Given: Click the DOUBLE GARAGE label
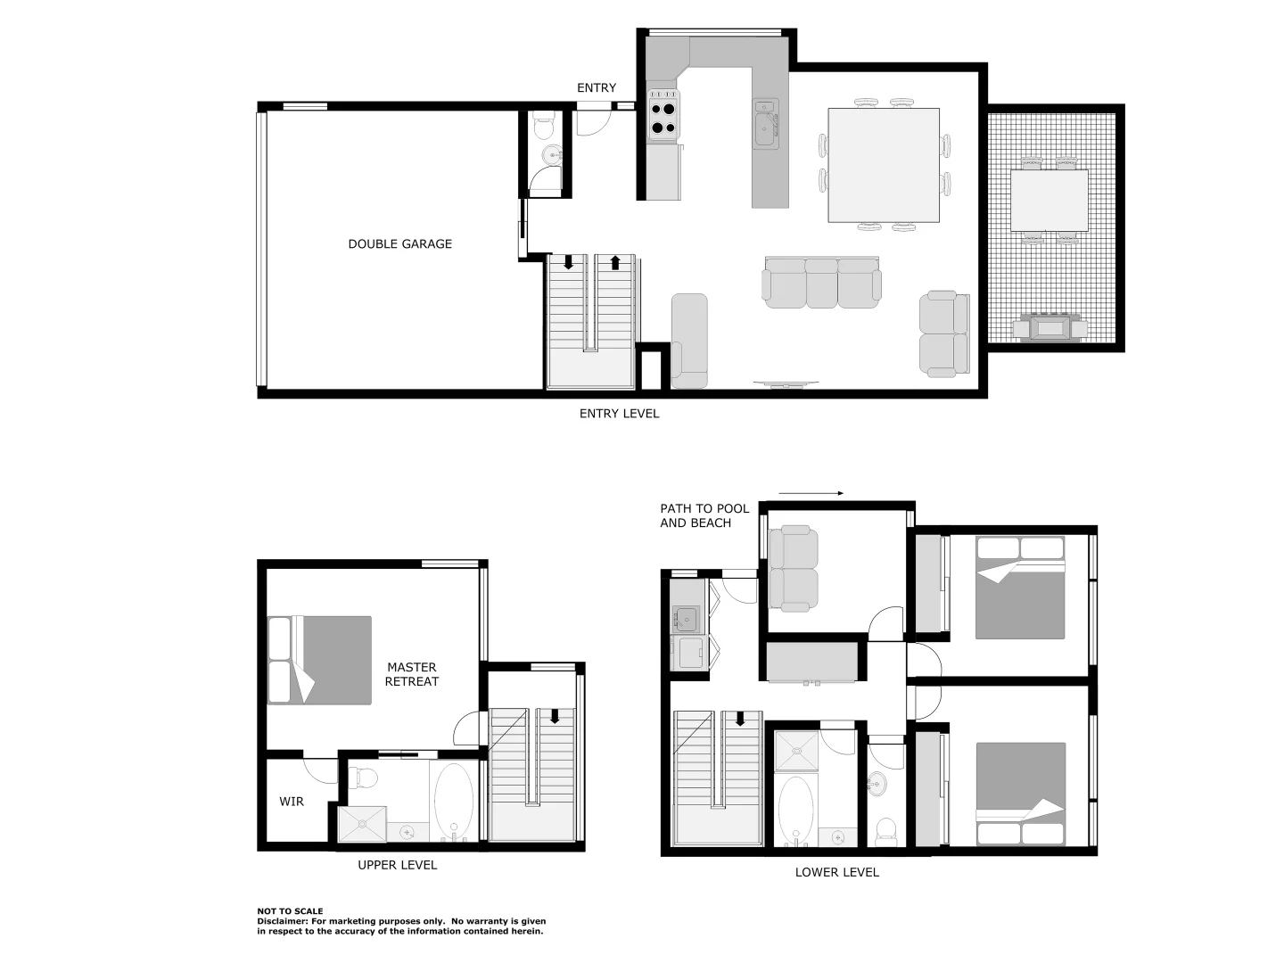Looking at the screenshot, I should pyautogui.click(x=399, y=243).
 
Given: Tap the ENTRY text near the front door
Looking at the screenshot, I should pyautogui.click(x=596, y=87).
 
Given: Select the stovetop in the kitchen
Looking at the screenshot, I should pyautogui.click(x=663, y=118).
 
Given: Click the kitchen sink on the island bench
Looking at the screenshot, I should pyautogui.click(x=765, y=127).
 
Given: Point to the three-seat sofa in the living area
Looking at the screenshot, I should pyautogui.click(x=821, y=284).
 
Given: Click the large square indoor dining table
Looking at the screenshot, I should pyautogui.click(x=883, y=165).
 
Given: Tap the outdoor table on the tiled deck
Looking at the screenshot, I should pyautogui.click(x=1049, y=201).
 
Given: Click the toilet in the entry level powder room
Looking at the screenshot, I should pyautogui.click(x=542, y=127).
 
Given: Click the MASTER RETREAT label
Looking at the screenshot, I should pyautogui.click(x=411, y=674).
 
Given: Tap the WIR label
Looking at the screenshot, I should pyautogui.click(x=292, y=802).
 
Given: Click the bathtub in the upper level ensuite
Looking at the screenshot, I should pyautogui.click(x=454, y=800).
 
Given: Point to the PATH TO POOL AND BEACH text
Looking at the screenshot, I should pyautogui.click(x=704, y=515).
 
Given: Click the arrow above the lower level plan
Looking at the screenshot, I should pyautogui.click(x=810, y=493).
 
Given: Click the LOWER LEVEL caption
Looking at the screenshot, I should pyautogui.click(x=836, y=872).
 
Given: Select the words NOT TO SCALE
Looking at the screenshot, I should pyautogui.click(x=290, y=911).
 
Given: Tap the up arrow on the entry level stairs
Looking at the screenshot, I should pyautogui.click(x=615, y=263).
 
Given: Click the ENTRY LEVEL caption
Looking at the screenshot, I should pyautogui.click(x=619, y=414).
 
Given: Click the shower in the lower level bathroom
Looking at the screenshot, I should pyautogui.click(x=795, y=751).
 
